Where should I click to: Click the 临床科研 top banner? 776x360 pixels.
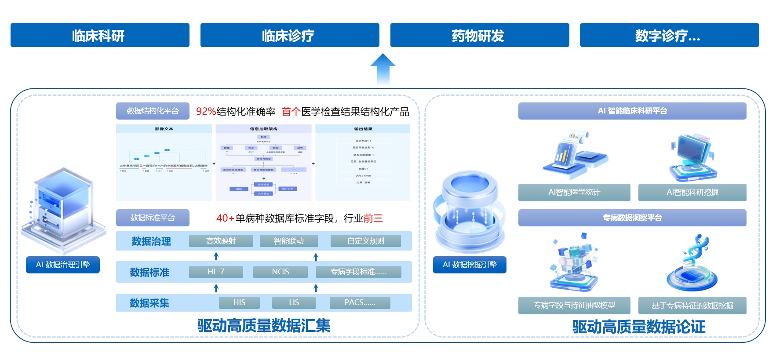point(100,35)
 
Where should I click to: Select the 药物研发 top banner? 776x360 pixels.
point(479,35)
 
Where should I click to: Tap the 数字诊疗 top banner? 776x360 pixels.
point(669,35)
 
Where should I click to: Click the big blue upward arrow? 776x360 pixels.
point(383,68)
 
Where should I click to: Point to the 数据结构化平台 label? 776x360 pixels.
point(153,111)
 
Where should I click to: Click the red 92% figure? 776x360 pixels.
point(206,112)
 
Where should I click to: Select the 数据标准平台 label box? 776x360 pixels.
point(153,218)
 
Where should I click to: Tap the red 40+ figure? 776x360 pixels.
point(225,218)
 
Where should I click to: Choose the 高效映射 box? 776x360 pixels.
point(221,241)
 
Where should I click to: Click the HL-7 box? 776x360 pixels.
point(216,272)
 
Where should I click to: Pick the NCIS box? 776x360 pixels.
point(280,272)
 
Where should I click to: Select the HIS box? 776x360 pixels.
point(239,302)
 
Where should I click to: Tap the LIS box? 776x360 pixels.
point(294,302)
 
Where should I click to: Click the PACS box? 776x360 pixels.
point(360,302)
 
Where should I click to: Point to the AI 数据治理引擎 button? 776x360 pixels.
point(63,265)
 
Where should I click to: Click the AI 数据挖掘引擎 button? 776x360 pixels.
point(470,265)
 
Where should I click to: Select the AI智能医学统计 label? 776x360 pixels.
point(574,192)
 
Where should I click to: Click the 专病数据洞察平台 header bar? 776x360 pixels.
point(632,218)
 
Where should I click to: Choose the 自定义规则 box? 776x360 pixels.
point(365,241)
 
